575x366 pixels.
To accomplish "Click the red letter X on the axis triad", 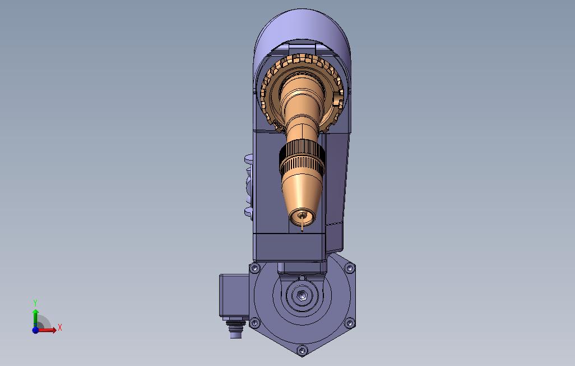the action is (x=60, y=327).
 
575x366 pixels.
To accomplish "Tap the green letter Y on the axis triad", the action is (x=35, y=303).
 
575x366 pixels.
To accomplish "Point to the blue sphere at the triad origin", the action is (x=35, y=330).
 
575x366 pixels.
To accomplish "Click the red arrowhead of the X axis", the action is (x=54, y=330).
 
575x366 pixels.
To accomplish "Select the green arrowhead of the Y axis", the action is (x=35, y=312).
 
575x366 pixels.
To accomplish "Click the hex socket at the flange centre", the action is (x=302, y=294).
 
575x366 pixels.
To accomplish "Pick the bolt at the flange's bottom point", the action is (x=302, y=350).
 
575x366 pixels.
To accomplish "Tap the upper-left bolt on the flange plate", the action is (x=254, y=269).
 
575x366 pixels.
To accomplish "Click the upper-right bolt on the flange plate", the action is (x=350, y=269).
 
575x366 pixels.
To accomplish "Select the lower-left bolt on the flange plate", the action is (x=254, y=323).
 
